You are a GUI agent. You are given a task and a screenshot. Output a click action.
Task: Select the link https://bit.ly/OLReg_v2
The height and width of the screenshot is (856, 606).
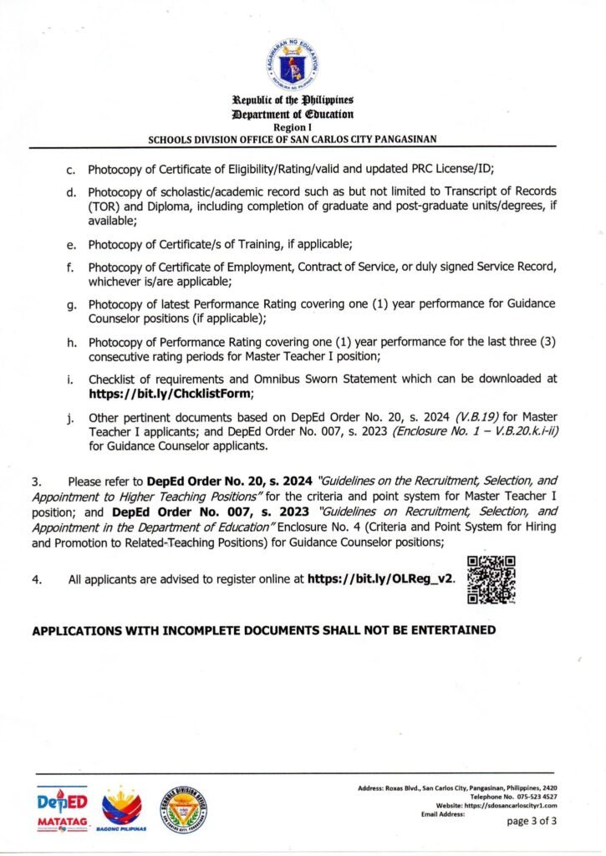tap(382, 578)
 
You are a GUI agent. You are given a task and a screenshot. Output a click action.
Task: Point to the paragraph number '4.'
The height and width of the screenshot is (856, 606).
tap(38, 578)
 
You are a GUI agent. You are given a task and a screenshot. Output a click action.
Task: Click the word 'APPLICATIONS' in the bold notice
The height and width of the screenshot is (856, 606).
tap(78, 629)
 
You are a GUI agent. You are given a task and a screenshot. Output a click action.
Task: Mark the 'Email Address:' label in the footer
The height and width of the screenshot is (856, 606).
tap(443, 813)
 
